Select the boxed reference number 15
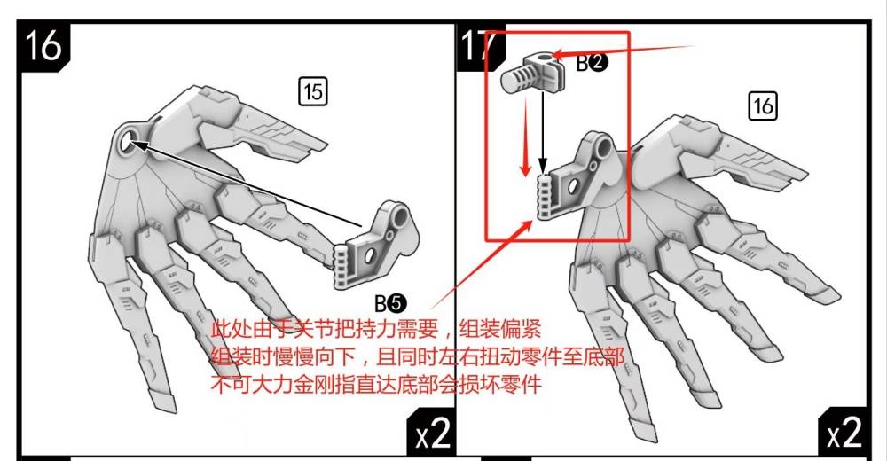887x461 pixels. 313,90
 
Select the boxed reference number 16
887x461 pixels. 762,106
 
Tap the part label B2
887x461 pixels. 592,63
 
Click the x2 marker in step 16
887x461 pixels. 434,434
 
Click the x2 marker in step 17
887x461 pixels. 845,434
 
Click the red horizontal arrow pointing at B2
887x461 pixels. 621,52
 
